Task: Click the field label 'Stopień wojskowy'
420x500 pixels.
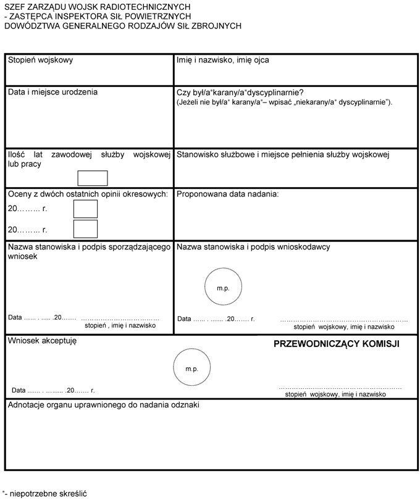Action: pyautogui.click(x=40, y=60)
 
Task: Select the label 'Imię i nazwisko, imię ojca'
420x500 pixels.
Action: pyautogui.click(x=222, y=60)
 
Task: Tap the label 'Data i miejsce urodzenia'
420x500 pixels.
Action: pyautogui.click(x=52, y=92)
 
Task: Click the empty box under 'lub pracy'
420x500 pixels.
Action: pyautogui.click(x=93, y=178)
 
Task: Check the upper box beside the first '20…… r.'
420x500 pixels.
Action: pyautogui.click(x=85, y=209)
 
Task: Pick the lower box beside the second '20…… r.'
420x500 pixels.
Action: pyautogui.click(x=85, y=229)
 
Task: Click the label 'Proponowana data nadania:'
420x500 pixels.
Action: pyautogui.click(x=228, y=194)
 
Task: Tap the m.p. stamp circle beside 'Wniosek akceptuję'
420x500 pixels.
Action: pyautogui.click(x=191, y=369)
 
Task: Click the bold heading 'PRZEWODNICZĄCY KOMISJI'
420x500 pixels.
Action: pyautogui.click(x=337, y=344)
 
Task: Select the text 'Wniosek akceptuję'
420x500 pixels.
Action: pyautogui.click(x=41, y=340)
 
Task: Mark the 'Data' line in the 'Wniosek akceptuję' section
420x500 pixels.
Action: pyautogui.click(x=52, y=391)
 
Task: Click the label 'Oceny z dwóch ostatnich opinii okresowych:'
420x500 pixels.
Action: pyautogui.click(x=88, y=194)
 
